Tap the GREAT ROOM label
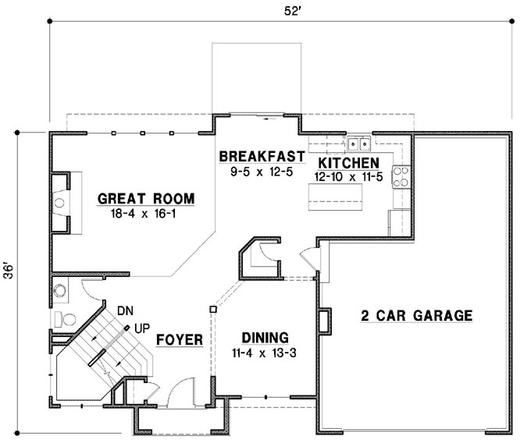[x=145, y=198]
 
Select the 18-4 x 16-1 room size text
[x=145, y=213]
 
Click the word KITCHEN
[x=348, y=162]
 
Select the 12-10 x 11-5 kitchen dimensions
[x=347, y=177]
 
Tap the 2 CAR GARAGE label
[x=416, y=316]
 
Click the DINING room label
[x=265, y=338]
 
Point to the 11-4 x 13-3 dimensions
[x=265, y=353]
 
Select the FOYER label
[x=180, y=340]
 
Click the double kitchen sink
[x=360, y=143]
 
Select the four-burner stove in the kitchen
[x=401, y=177]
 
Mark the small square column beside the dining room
[x=212, y=310]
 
